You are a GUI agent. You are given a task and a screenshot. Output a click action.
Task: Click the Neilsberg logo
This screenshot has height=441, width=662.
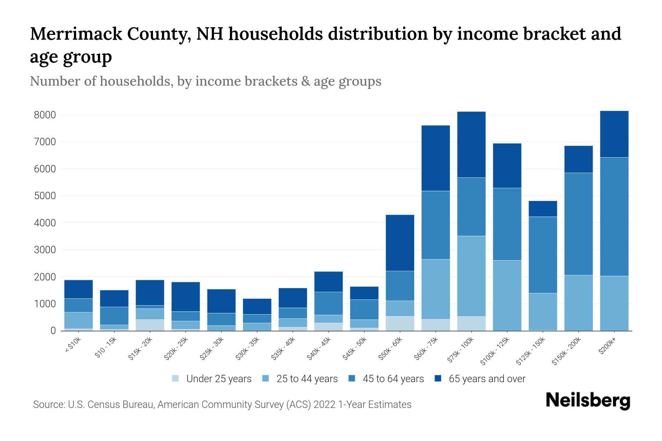pos(588,401)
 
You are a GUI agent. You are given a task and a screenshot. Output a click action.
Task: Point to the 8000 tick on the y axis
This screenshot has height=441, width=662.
pos(45,115)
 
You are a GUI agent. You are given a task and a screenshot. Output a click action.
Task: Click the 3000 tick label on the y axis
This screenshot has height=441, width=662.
pos(45,250)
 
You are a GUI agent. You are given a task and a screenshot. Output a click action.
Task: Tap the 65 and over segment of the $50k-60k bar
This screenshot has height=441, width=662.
pos(400,243)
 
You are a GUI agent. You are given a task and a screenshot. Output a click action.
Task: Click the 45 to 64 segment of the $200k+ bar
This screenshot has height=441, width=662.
pos(614,217)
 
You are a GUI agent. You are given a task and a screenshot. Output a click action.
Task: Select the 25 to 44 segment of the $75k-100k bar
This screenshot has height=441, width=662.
pos(471,276)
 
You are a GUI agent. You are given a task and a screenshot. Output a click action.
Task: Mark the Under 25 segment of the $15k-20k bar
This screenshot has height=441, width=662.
pos(150,325)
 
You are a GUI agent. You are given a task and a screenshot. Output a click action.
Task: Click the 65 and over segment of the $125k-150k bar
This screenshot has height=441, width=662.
pos(543,209)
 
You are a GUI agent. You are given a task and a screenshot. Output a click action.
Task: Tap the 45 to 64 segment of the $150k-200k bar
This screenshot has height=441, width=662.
pos(579,224)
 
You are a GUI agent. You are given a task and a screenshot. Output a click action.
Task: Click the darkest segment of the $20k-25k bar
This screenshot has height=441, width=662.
pos(186,297)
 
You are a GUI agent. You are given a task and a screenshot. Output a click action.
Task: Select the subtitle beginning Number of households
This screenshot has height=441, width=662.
pos(205,81)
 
